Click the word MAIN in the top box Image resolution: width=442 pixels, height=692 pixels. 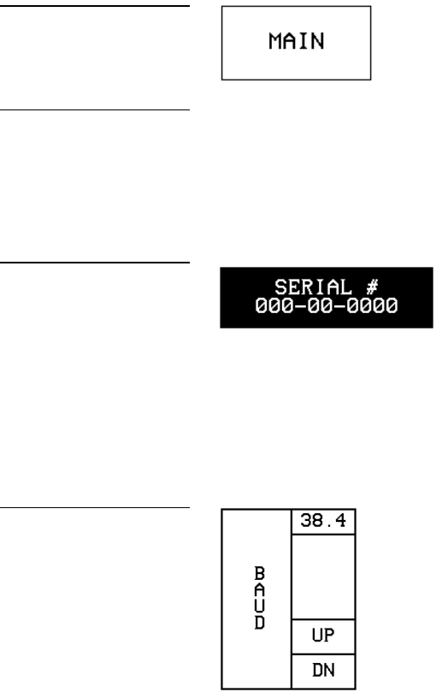tap(297, 41)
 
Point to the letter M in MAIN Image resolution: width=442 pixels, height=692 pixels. tap(275, 41)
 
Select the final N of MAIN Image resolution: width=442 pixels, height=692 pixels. tap(317, 41)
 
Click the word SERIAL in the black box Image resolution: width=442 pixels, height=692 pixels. tap(313, 287)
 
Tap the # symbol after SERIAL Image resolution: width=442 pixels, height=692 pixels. tap(372, 287)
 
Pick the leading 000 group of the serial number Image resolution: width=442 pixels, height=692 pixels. tap(274, 305)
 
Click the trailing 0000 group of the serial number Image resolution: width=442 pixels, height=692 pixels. tap(372, 305)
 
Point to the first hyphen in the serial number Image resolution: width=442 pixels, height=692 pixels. tap(299, 305)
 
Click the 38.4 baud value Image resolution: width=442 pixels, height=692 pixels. tap(323, 521)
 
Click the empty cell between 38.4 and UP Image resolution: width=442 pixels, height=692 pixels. tap(323, 577)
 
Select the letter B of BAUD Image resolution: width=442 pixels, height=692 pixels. tap(260, 573)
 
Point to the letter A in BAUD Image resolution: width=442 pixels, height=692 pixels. tap(260, 590)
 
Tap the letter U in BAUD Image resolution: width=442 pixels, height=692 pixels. tap(260, 606)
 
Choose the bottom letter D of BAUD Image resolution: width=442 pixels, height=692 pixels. tap(260, 623)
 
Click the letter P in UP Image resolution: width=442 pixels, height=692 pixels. tap(329, 635)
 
